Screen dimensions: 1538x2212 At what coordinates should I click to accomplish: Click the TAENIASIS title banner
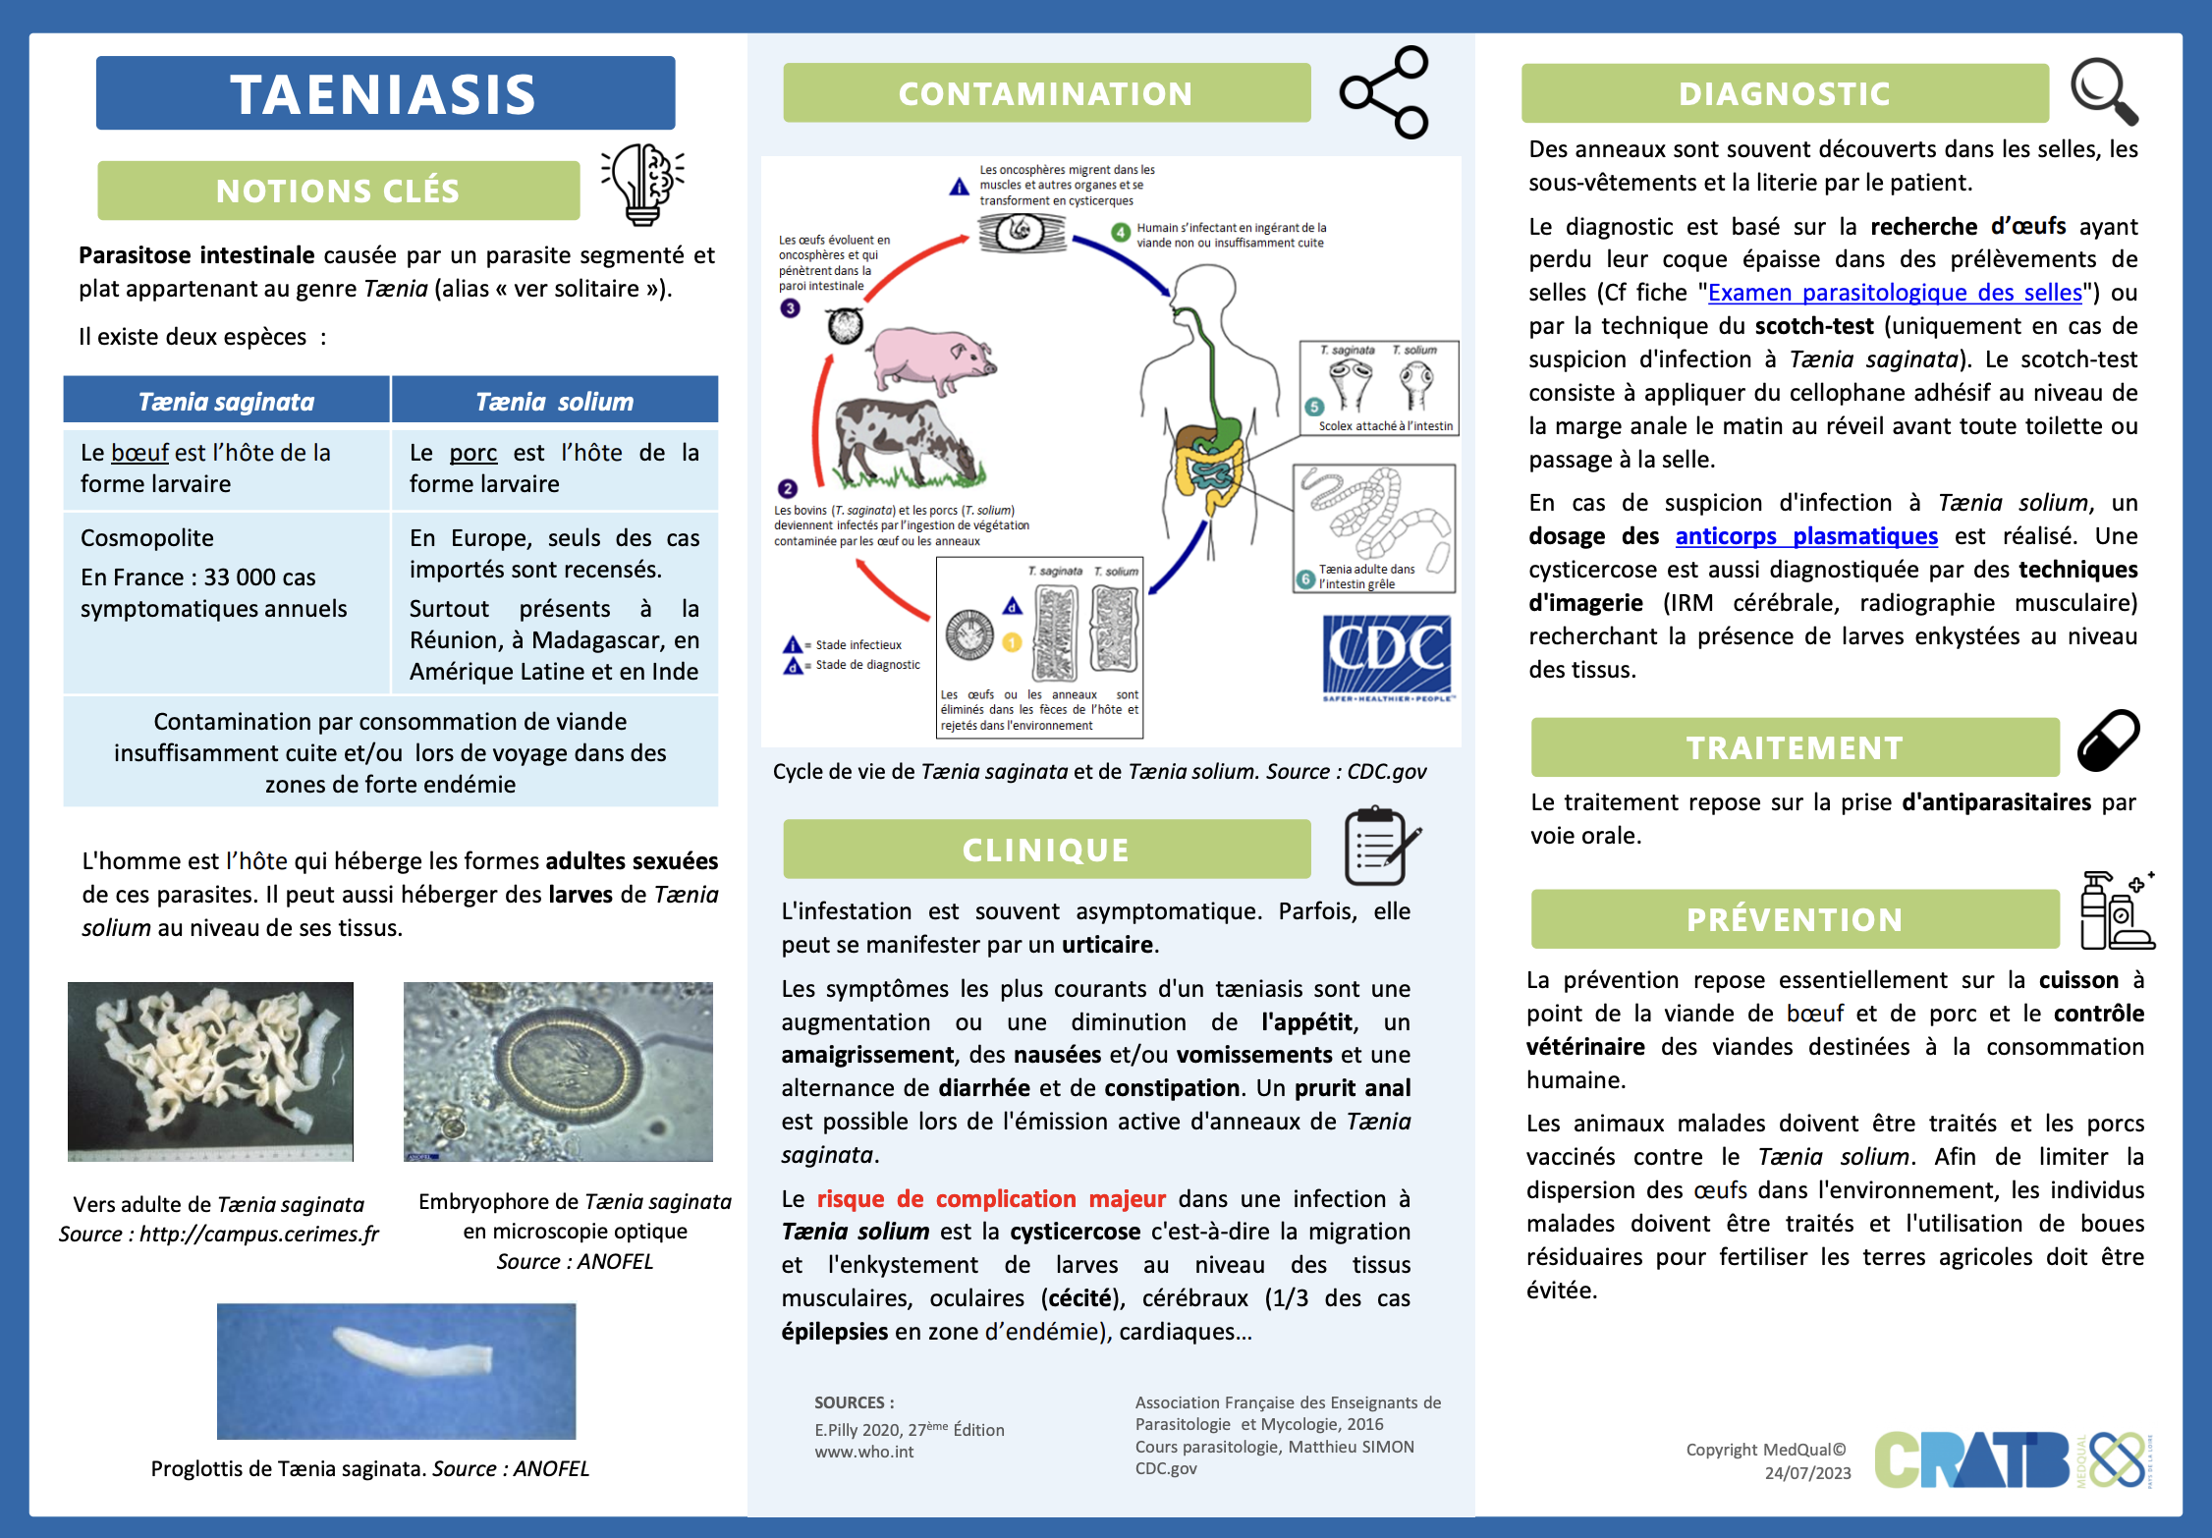[x=385, y=93]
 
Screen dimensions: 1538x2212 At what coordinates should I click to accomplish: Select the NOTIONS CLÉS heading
[x=338, y=191]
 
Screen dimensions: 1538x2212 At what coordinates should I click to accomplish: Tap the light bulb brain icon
[x=643, y=184]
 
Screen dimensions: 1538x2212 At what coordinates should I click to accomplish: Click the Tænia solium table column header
[x=554, y=402]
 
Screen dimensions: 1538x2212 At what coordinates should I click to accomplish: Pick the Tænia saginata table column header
[x=226, y=402]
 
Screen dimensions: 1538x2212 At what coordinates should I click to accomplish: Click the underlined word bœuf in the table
[x=139, y=453]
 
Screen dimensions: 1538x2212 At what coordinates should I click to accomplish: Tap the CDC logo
[x=1386, y=656]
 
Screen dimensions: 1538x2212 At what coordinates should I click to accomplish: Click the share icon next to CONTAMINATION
[x=1384, y=92]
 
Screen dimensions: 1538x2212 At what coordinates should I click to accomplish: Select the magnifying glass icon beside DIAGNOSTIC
[x=2104, y=92]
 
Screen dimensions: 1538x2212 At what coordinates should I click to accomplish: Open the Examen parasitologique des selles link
[x=1895, y=293]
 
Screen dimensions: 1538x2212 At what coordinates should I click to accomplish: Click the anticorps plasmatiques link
[x=1806, y=536]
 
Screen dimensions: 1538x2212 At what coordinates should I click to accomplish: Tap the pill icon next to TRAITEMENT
[x=2108, y=741]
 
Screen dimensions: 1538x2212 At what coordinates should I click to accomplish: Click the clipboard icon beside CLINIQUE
[x=1379, y=846]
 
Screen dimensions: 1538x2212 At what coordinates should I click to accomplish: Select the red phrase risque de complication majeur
[x=991, y=1199]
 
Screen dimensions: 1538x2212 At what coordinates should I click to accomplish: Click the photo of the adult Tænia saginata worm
[x=210, y=1071]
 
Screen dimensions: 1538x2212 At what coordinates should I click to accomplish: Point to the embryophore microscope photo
[x=558, y=1071]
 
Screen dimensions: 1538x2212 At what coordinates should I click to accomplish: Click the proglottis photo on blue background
[x=396, y=1371]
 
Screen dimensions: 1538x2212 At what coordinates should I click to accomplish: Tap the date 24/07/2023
[x=1807, y=1473]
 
